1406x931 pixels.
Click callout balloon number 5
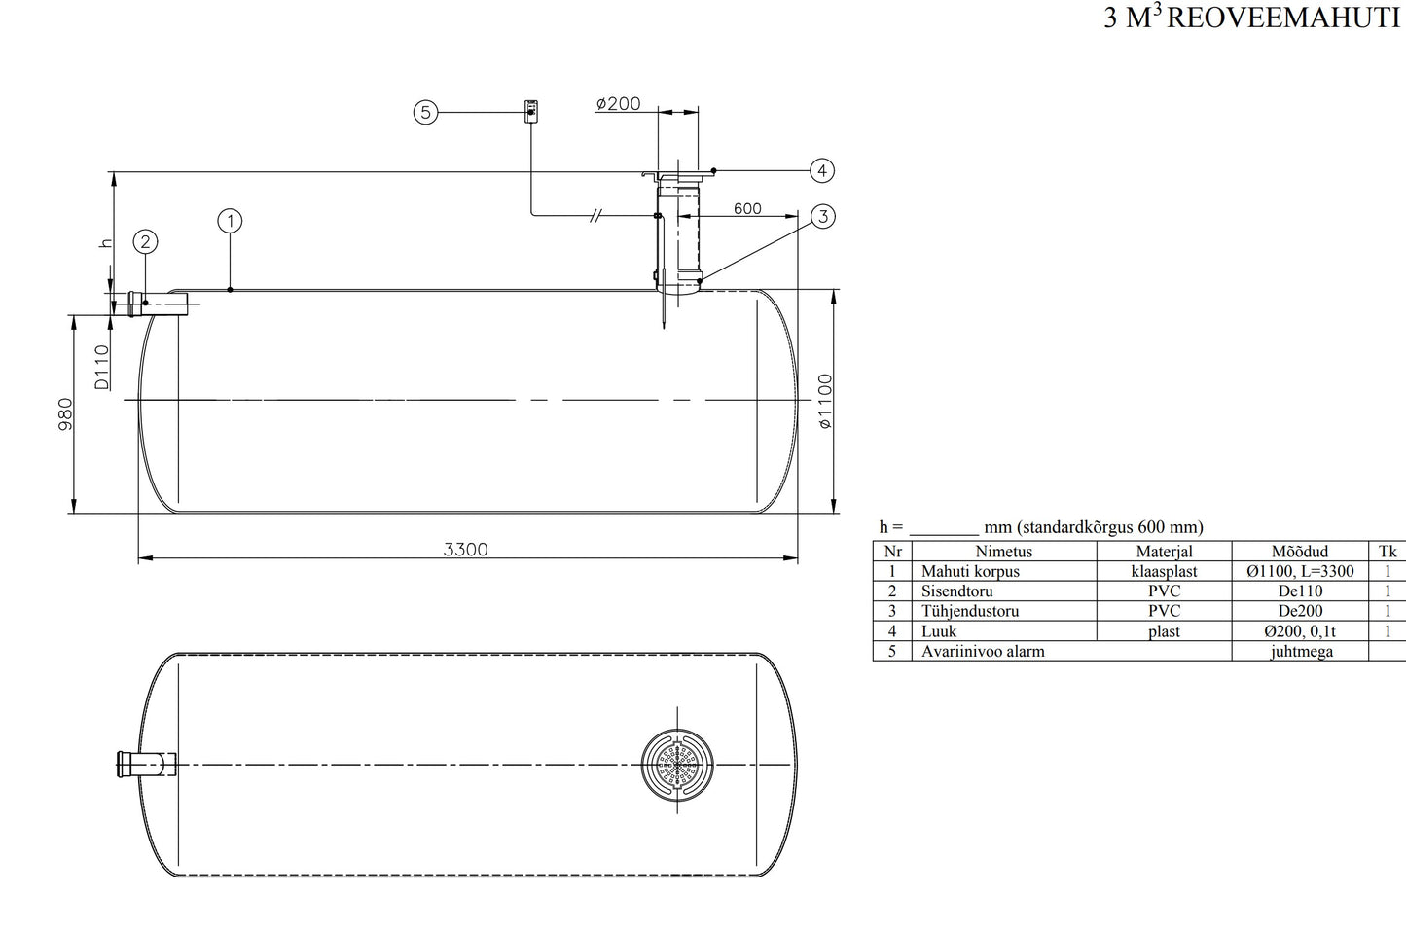425,113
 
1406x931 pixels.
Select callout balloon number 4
822,171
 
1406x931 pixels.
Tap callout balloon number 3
822,216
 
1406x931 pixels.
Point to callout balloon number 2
145,241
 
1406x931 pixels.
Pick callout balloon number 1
230,221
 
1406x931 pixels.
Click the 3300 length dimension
465,549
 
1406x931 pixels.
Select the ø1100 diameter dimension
825,401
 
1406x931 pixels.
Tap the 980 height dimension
66,413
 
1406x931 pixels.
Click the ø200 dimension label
619,104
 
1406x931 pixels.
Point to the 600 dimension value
747,208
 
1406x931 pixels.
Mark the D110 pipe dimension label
102,367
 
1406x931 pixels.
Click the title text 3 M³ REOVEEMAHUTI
1252,18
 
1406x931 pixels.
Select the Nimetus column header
1003,552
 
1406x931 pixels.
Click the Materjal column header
1164,552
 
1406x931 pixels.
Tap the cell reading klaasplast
1164,572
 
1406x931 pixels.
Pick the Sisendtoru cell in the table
957,591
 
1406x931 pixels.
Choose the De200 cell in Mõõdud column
1300,612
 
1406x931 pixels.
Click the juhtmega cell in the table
1301,652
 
